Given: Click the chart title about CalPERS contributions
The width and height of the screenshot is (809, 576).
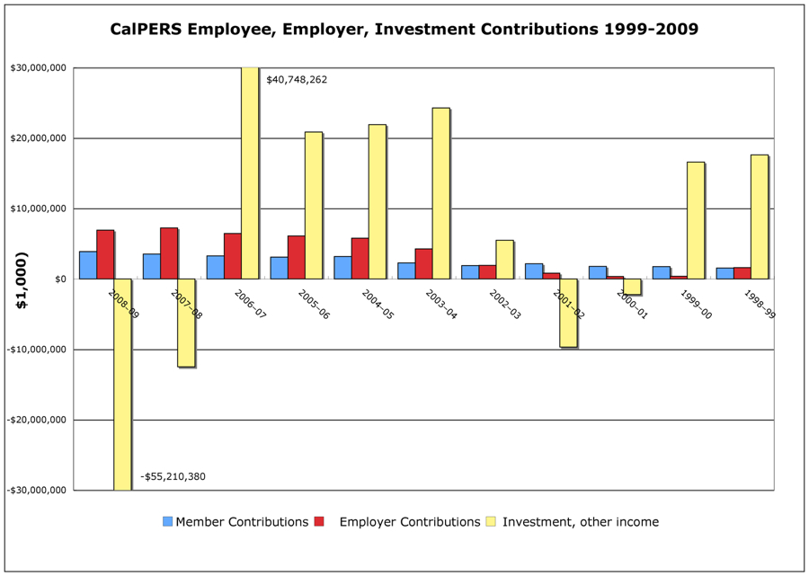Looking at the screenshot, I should pyautogui.click(x=404, y=29).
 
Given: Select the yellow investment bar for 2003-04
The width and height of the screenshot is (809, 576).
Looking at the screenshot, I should pyautogui.click(x=440, y=193).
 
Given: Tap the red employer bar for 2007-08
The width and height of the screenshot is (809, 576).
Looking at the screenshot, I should pyautogui.click(x=169, y=253).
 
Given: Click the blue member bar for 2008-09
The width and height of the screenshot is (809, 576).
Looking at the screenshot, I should pyautogui.click(x=87, y=265).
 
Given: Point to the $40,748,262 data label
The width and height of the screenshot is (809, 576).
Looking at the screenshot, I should pyautogui.click(x=297, y=80).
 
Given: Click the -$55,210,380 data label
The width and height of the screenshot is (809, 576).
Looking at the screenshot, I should pyautogui.click(x=173, y=476).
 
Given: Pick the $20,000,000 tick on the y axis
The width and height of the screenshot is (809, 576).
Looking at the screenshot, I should pyautogui.click(x=38, y=138).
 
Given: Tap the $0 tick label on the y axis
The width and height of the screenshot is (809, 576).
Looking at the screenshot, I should pyautogui.click(x=59, y=279).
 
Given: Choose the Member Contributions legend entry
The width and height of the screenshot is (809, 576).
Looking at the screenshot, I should pyautogui.click(x=242, y=522).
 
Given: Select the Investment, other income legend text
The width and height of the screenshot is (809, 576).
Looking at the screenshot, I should pyautogui.click(x=580, y=522).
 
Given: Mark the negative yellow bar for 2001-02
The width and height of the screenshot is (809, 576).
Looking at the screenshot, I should pyautogui.click(x=568, y=313).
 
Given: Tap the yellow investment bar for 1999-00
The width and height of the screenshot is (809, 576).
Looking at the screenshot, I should pyautogui.click(x=695, y=220).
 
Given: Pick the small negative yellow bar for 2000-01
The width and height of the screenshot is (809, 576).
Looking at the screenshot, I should pyautogui.click(x=632, y=287).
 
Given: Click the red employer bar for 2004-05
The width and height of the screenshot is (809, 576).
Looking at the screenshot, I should pyautogui.click(x=360, y=259).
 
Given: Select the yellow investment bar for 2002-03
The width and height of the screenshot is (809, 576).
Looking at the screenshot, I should pyautogui.click(x=504, y=260).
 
